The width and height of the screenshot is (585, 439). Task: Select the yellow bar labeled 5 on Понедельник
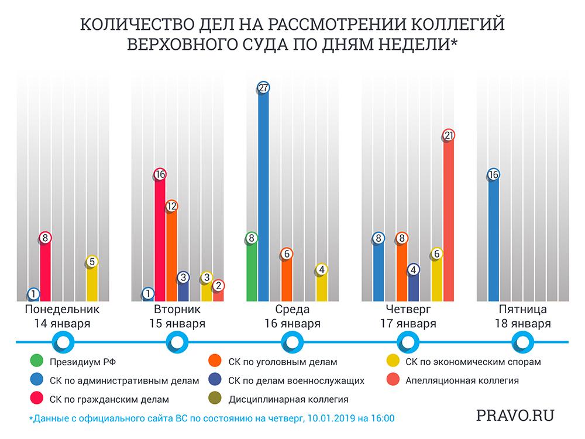tap(92, 284)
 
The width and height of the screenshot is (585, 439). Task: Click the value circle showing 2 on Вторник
tap(218, 286)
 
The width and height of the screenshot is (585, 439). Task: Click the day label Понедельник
tap(57, 310)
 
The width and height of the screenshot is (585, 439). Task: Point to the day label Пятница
tap(524, 310)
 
